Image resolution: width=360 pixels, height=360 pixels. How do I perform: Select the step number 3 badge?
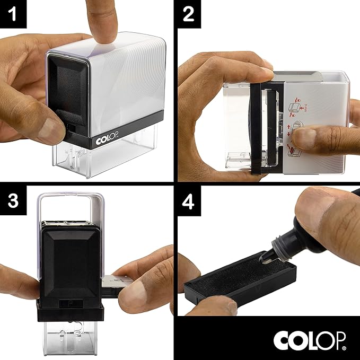point(13,202)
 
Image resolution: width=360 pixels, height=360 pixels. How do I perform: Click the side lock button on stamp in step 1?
point(71,127)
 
